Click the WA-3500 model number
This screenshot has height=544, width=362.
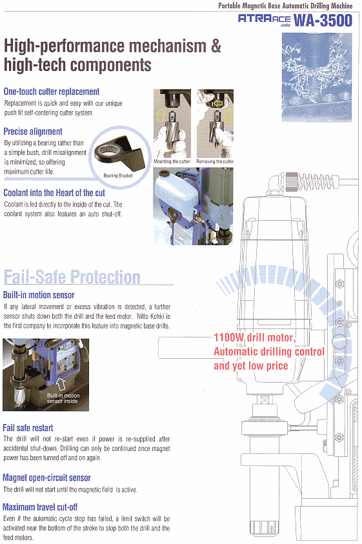323,20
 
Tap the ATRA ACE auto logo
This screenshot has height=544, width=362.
265,20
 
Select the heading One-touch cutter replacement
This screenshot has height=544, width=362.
52,92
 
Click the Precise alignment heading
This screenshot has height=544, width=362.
33,132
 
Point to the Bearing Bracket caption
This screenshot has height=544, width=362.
118,176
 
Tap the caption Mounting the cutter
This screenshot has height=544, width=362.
172,161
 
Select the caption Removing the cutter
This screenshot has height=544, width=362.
215,161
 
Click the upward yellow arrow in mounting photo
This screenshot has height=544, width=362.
161,115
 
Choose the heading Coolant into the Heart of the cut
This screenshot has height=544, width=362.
54,193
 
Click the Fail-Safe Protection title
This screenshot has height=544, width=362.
72,277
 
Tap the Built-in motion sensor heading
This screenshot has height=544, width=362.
39,296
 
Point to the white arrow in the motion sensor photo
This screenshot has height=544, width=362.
61,384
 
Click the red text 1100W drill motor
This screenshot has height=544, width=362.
255,337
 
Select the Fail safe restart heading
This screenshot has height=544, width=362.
28,428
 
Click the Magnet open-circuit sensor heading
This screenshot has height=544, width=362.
46,478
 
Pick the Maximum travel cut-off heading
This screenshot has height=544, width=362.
40,507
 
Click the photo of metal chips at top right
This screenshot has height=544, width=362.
317,77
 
